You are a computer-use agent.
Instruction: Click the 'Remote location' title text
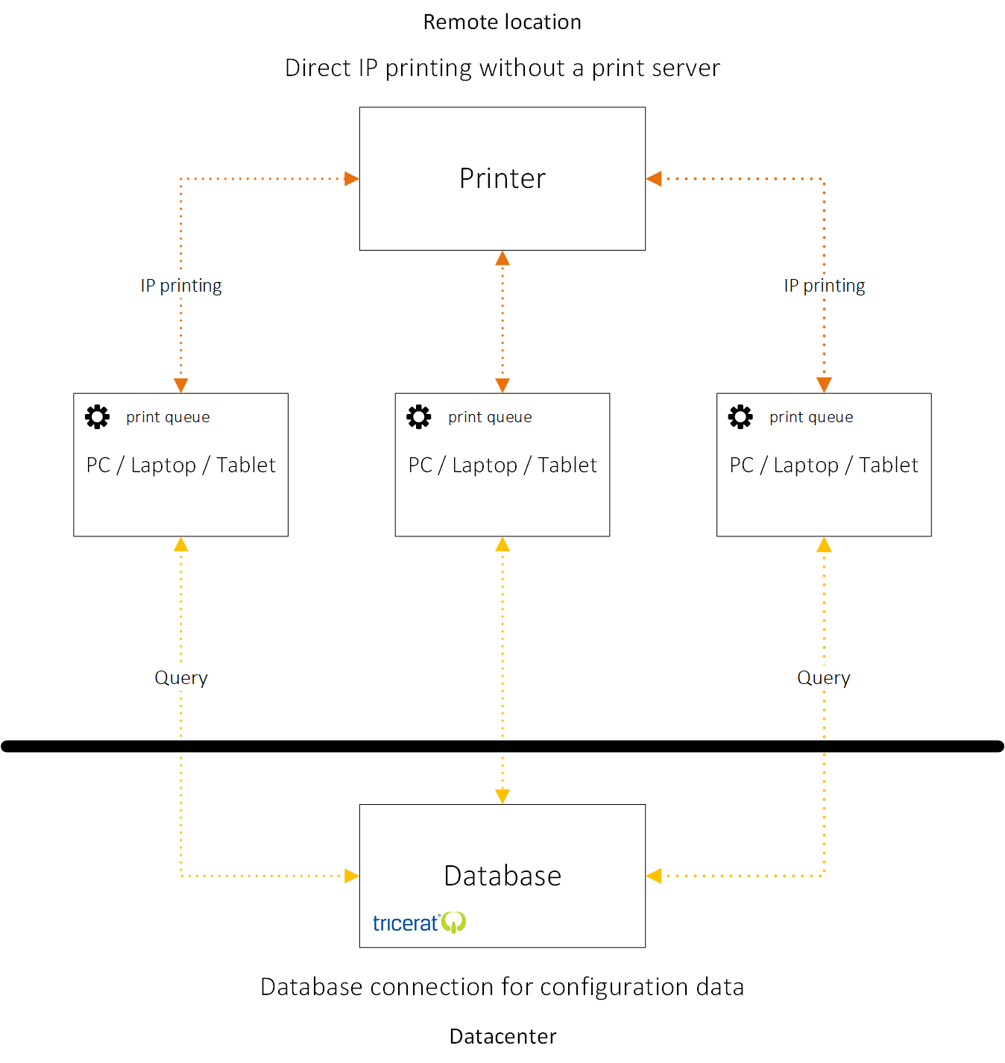(502, 22)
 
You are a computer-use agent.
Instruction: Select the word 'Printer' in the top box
(502, 178)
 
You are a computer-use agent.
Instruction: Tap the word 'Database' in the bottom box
(502, 875)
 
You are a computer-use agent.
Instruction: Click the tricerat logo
(419, 923)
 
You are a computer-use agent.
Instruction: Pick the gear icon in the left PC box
(98, 417)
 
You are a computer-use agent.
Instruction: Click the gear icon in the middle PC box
(418, 417)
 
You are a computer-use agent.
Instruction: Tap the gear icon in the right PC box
(740, 417)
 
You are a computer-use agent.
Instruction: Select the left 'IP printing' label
(181, 286)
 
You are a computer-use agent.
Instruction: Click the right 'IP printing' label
(824, 286)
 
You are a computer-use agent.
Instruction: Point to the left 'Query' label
(181, 677)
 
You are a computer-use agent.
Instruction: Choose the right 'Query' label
(823, 677)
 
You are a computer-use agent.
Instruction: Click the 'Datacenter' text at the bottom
(502, 1036)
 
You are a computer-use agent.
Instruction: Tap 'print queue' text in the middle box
(490, 418)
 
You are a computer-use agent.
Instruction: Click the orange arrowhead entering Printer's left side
(352, 178)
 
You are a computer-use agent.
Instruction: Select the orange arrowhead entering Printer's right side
(653, 178)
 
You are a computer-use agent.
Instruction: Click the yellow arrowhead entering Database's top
(502, 797)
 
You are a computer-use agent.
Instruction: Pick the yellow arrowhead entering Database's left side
(352, 876)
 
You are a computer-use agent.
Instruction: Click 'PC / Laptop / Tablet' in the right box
(823, 465)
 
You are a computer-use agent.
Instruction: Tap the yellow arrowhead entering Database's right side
(653, 876)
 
